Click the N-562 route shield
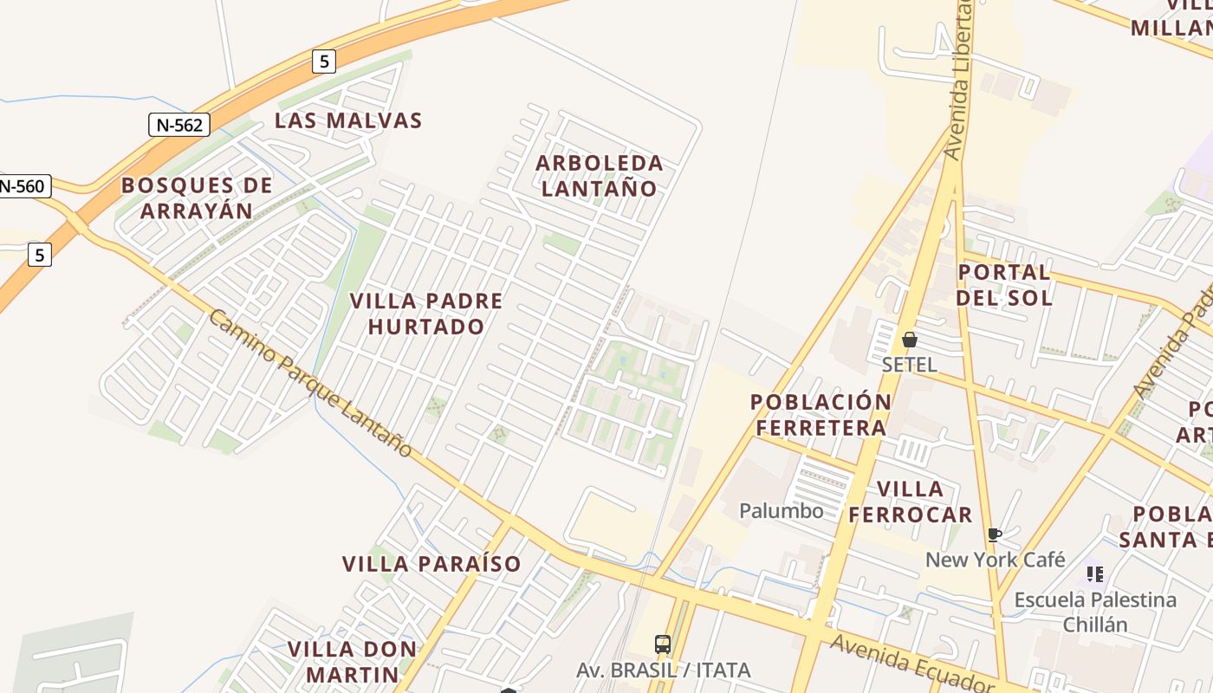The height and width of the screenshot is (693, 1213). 180,125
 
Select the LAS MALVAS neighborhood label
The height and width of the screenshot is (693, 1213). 348,120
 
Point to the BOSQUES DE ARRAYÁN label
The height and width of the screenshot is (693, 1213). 197,198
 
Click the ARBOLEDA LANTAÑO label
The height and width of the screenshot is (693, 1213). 600,175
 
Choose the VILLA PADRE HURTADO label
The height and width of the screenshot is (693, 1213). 426,314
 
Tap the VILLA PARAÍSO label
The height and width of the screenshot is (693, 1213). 431,564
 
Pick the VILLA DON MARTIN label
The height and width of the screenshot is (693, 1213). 352,661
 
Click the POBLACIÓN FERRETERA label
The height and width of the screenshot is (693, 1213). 821,414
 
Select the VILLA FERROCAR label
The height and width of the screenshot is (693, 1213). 910,502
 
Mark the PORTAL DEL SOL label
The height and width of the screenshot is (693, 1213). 1005,285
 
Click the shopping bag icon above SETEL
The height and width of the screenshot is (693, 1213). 910,340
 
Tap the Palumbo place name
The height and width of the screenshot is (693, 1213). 782,511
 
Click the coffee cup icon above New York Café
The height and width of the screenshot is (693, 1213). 994,535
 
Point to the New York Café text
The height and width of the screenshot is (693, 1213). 996,560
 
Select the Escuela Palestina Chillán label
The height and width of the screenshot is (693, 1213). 1095,612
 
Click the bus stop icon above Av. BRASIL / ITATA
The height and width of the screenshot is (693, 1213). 663,644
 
